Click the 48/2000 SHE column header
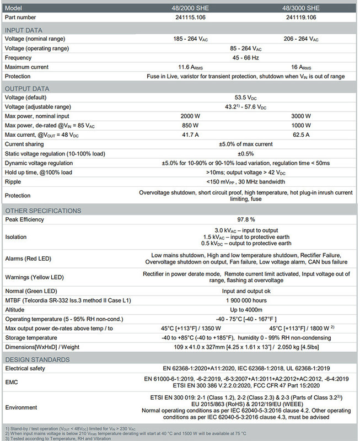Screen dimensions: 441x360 click(x=192, y=8)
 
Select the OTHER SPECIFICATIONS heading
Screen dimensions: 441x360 click(x=42, y=211)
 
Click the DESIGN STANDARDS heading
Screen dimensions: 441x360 click(x=37, y=359)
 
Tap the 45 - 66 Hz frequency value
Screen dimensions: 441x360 click(x=245, y=57)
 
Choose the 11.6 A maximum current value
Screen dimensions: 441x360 click(x=192, y=67)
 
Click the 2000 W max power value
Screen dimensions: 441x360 click(x=191, y=116)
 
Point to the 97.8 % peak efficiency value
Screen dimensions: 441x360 click(x=245, y=219)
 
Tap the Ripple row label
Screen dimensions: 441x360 click(x=14, y=181)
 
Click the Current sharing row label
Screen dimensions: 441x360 click(x=26, y=144)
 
